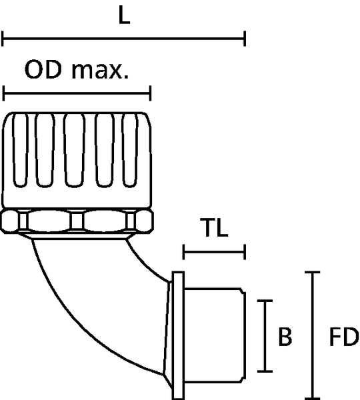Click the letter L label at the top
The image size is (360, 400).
point(125,15)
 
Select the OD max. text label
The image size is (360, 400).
point(77,69)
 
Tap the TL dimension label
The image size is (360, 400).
point(214,227)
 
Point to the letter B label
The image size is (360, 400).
point(285,337)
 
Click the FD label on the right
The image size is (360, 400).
point(344,337)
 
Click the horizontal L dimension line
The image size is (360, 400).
point(124,39)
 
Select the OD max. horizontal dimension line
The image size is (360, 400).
point(77,93)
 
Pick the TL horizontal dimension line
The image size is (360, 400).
point(214,252)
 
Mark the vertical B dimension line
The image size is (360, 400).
point(265,336)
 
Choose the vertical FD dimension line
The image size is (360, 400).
point(313,335)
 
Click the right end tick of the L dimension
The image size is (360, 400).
point(245,39)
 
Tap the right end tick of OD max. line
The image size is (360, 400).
point(151,93)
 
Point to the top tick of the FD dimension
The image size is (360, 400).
point(313,273)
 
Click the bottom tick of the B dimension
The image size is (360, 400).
point(265,371)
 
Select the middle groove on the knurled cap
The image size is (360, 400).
point(74,150)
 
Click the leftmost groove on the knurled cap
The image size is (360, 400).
point(20,150)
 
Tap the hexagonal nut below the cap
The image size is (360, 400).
point(77,221)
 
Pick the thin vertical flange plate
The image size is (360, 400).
point(178,335)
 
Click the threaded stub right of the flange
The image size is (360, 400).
point(215,335)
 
